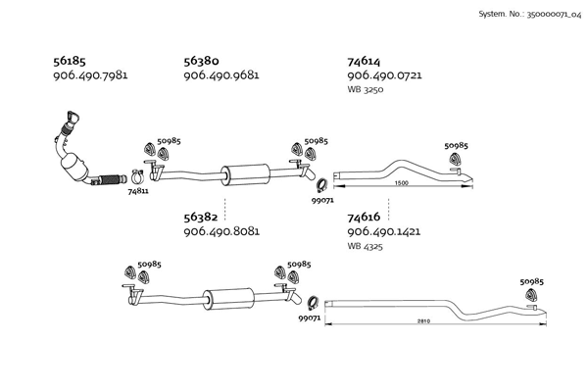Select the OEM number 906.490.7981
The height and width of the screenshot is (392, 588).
[91, 75]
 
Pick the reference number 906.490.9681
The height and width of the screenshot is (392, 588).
[221, 75]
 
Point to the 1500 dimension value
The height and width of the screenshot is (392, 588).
[401, 183]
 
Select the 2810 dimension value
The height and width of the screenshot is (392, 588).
[423, 321]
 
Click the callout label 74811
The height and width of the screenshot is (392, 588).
[138, 191]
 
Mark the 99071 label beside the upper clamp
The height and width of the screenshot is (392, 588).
[322, 200]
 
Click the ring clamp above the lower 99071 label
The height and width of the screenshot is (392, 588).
[315, 303]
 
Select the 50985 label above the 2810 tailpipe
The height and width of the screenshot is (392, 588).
[531, 281]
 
